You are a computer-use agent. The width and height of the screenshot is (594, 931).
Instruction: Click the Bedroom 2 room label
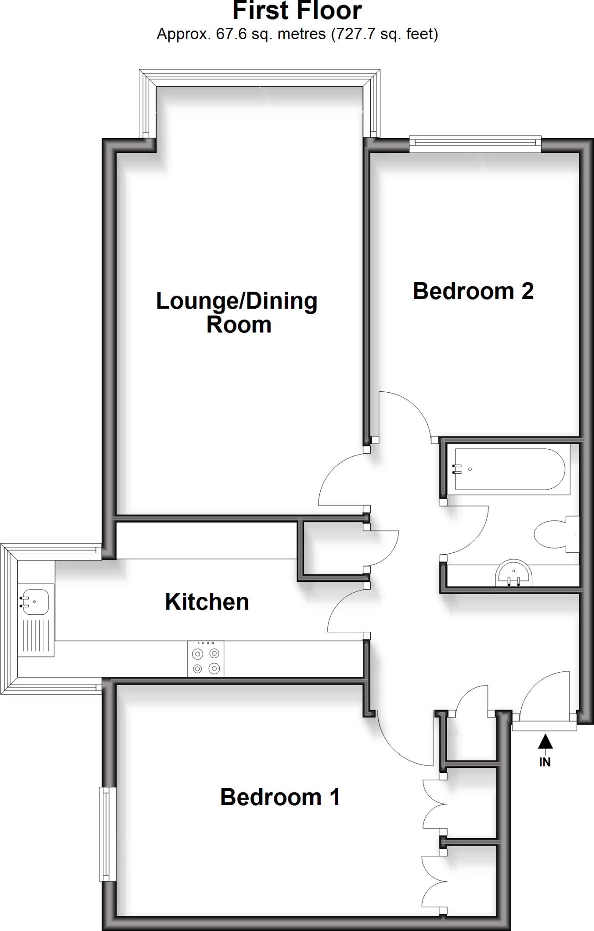click(473, 291)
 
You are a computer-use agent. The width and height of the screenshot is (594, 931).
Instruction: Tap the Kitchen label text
click(207, 602)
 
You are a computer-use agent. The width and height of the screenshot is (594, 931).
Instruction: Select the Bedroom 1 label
click(280, 797)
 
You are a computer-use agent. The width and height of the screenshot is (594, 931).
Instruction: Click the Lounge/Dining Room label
click(237, 313)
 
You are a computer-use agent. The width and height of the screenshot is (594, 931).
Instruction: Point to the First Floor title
click(297, 11)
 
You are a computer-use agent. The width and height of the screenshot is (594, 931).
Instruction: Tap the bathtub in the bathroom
click(509, 469)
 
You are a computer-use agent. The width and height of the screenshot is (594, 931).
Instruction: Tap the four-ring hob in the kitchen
click(206, 659)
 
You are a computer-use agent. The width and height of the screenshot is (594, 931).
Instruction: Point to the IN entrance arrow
click(545, 742)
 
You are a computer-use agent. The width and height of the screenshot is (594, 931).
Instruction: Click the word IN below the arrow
click(545, 762)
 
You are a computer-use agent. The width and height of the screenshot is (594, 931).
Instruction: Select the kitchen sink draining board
click(35, 636)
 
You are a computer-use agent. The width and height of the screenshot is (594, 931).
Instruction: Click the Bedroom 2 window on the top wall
click(475, 143)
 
